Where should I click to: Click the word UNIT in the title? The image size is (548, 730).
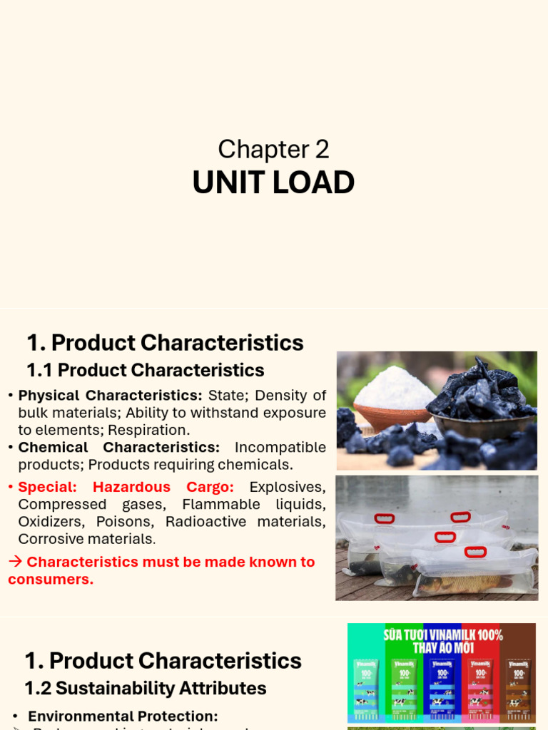(x=220, y=183)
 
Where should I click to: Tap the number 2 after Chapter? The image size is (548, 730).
(x=321, y=150)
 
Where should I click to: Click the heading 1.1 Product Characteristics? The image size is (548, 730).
(x=146, y=371)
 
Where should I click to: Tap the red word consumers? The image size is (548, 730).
(x=51, y=579)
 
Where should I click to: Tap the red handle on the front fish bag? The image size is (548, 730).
(x=475, y=552)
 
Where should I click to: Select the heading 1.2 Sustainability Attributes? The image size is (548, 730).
(x=146, y=689)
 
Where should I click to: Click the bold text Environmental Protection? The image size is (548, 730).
(x=123, y=716)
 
